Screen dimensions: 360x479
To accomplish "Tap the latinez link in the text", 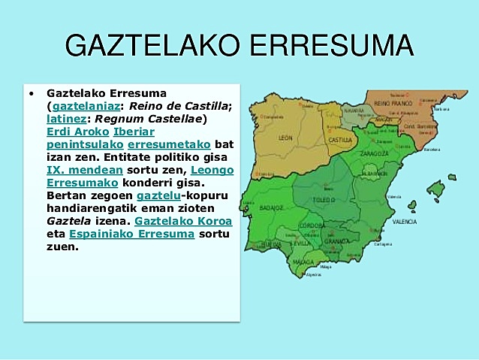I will [x=65, y=119].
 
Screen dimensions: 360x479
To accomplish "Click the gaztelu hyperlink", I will [x=157, y=195].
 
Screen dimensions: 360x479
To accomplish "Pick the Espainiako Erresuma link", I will [x=131, y=234].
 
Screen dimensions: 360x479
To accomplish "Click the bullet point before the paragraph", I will [x=31, y=94].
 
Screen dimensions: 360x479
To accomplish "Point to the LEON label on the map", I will [x=285, y=138].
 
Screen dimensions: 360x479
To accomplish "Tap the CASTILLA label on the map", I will [x=340, y=140].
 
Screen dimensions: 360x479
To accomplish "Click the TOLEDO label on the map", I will [x=323, y=201].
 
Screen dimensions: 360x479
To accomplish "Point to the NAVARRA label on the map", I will [x=354, y=110].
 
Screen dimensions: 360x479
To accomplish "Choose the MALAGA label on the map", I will [x=303, y=262].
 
